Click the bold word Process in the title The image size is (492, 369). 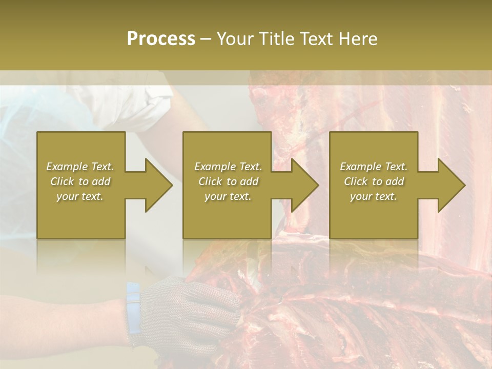click(161, 39)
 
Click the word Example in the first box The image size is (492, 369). click(67, 167)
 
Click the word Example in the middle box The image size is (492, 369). click(215, 167)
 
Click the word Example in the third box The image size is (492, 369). click(360, 167)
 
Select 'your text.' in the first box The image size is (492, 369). click(80, 196)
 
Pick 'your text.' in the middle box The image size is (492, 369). click(228, 196)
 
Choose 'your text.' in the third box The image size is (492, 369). click(373, 196)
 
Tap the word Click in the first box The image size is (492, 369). click(63, 181)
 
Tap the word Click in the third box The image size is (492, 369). click(356, 181)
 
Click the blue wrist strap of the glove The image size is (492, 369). click(133, 307)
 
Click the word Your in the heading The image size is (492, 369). click(235, 39)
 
